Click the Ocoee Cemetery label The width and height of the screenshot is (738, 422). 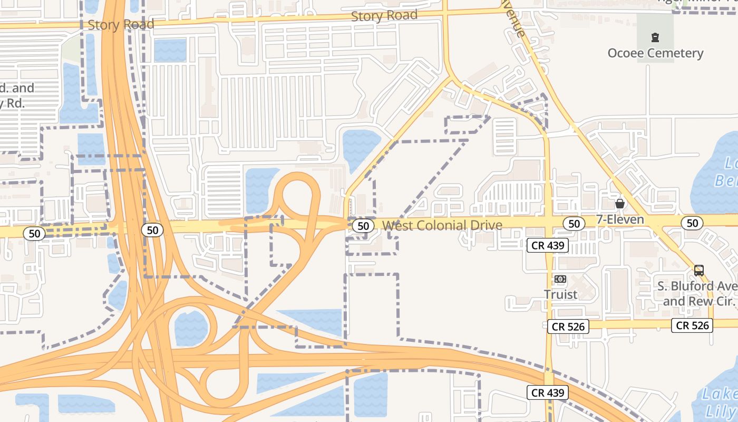(x=655, y=53)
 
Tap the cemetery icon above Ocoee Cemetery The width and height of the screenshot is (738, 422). (x=655, y=37)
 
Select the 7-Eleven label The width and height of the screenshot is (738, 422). (x=620, y=219)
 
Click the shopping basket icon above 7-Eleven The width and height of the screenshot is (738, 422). (x=620, y=204)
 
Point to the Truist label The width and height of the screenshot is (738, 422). (x=560, y=294)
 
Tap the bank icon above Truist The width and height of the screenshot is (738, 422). (x=560, y=279)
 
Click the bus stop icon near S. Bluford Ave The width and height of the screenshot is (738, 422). (x=699, y=271)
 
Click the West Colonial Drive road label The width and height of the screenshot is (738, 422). (x=442, y=226)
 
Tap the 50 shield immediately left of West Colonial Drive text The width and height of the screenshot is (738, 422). (x=363, y=226)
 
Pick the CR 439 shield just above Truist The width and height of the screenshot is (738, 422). (x=548, y=245)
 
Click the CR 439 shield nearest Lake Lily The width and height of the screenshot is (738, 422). (x=548, y=392)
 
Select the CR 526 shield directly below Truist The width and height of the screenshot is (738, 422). (x=567, y=327)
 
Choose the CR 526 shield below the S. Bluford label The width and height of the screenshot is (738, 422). (x=693, y=325)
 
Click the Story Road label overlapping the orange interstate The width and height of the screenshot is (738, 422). (x=121, y=24)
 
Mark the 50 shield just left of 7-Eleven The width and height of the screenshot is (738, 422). (x=574, y=224)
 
